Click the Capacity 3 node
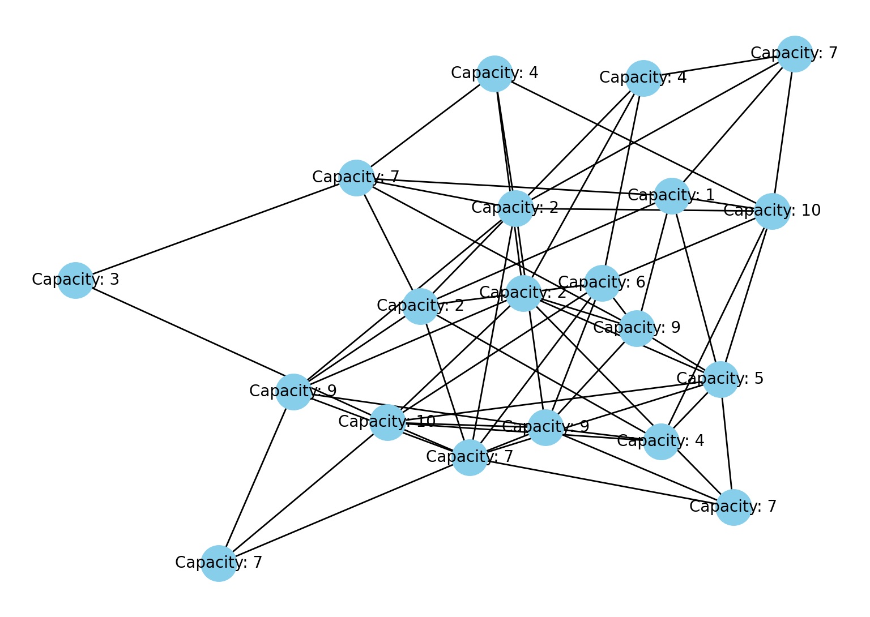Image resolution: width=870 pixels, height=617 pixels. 75,280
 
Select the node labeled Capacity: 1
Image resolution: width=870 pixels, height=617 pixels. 672,196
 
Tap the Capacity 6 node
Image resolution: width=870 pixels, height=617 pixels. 602,282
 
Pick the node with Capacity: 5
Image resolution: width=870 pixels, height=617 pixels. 720,379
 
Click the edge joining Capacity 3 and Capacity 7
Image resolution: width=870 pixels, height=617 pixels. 215,229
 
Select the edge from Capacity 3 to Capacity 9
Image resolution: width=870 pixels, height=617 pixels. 184,335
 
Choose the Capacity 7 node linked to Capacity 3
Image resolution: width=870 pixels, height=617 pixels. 356,177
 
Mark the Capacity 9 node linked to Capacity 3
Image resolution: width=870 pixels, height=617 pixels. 293,391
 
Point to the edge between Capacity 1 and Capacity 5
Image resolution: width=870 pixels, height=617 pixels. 696,287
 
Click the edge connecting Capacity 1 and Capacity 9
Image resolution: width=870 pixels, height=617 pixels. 654,262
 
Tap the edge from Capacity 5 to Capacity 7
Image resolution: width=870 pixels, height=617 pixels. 727,443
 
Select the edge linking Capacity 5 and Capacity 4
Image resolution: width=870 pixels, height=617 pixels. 691,410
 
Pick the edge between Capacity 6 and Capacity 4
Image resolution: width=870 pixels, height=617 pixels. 622,181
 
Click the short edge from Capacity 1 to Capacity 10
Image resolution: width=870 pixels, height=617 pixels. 722,203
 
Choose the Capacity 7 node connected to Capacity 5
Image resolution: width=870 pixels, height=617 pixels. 733,507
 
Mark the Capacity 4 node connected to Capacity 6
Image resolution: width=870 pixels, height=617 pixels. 643,78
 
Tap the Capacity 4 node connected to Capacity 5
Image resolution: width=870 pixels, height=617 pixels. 661,442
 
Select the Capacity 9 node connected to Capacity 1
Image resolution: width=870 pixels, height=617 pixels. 637,328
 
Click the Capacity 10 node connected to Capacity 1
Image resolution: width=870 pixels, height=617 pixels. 772,211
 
